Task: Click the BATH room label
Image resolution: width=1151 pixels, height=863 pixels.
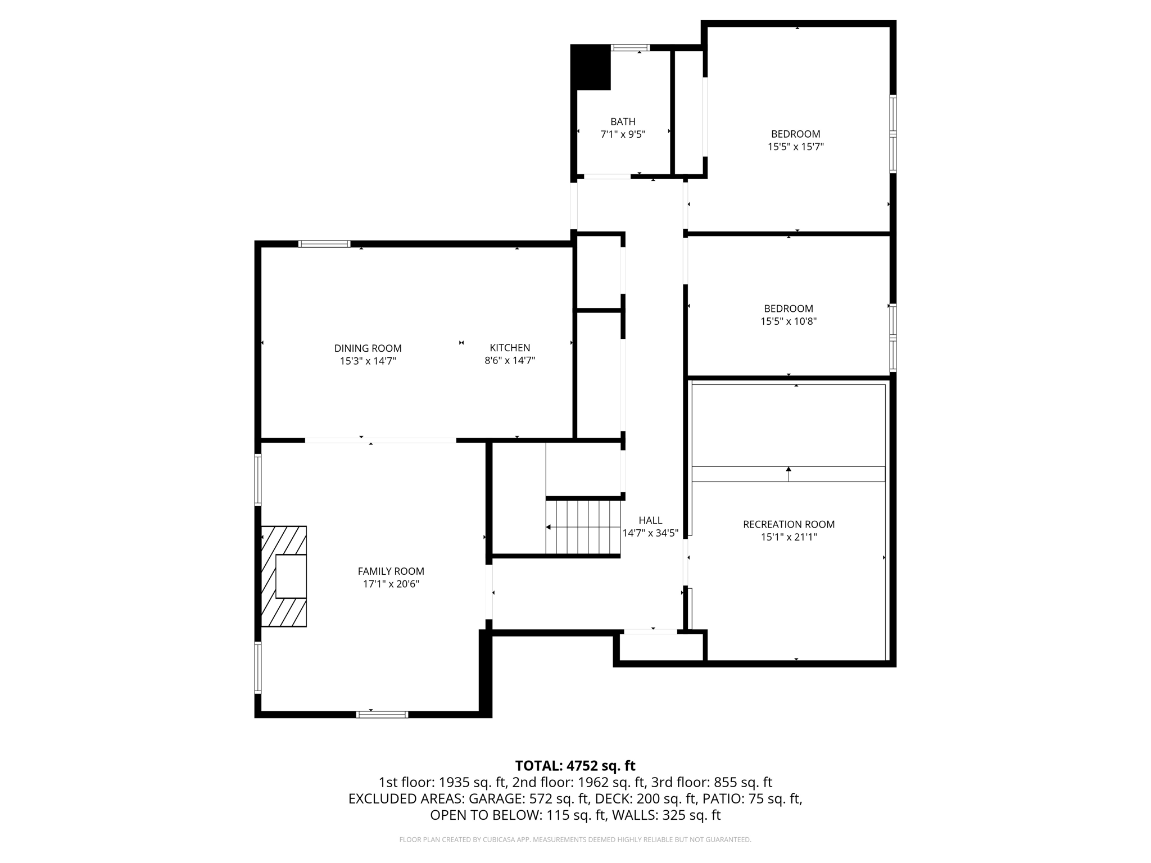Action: click(x=623, y=121)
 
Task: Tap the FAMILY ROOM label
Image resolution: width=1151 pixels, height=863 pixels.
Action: click(x=391, y=571)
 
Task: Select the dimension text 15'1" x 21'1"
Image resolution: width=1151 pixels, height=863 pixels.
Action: click(x=789, y=537)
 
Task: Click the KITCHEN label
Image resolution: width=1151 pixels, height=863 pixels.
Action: click(x=510, y=348)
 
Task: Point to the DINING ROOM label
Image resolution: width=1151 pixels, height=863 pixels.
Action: click(x=368, y=348)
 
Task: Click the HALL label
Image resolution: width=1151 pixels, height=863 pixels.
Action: click(x=650, y=521)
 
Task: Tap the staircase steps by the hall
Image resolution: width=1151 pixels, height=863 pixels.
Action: click(x=583, y=527)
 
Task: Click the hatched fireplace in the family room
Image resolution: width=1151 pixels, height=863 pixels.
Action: click(x=284, y=576)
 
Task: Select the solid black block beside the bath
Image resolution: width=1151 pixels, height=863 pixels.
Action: click(x=591, y=67)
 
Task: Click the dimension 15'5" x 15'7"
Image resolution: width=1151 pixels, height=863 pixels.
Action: click(x=795, y=147)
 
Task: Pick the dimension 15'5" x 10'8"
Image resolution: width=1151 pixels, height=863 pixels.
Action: click(x=788, y=321)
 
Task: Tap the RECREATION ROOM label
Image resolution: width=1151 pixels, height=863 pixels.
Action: click(x=789, y=524)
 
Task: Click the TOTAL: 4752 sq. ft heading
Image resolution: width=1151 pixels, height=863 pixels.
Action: click(x=575, y=766)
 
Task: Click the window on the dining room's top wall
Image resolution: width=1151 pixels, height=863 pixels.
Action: click(x=324, y=244)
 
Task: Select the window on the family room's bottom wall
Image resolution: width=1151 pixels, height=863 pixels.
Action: click(x=382, y=715)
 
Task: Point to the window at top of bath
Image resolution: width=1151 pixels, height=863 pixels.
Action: click(x=630, y=48)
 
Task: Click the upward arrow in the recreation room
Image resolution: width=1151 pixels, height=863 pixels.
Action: click(x=789, y=473)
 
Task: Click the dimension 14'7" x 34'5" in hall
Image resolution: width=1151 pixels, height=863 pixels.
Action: click(x=650, y=533)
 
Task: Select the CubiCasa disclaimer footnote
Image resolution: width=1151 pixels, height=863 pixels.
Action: click(x=575, y=839)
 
